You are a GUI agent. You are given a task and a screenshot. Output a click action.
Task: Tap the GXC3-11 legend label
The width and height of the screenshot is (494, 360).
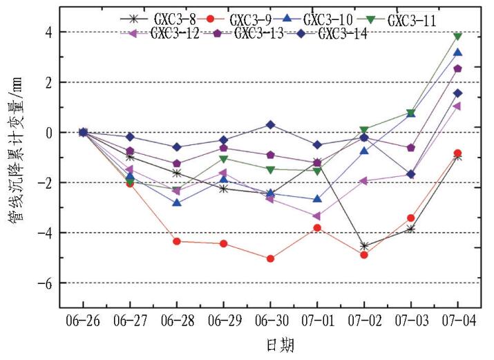click(411, 20)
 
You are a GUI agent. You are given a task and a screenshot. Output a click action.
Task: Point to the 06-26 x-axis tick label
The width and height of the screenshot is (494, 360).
click(83, 322)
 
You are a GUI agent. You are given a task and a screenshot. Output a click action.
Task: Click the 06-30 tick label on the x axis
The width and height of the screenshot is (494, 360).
click(270, 322)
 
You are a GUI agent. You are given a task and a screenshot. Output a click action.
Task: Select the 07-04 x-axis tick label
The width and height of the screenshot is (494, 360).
click(457, 322)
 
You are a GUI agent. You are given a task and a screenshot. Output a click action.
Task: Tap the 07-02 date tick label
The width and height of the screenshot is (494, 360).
click(364, 322)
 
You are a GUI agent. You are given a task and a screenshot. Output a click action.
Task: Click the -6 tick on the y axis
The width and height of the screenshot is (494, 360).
click(47, 283)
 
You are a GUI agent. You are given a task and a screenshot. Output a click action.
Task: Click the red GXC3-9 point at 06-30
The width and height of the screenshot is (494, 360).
click(270, 258)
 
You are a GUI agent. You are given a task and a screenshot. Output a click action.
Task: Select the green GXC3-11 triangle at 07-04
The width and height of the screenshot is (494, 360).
click(457, 37)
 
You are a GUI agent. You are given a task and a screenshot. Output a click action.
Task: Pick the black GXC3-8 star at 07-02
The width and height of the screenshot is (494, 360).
click(364, 246)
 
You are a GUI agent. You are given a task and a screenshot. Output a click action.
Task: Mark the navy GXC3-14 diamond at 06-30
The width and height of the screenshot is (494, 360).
click(270, 125)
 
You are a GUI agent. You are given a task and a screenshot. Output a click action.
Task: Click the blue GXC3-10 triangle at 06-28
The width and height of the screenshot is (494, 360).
click(177, 202)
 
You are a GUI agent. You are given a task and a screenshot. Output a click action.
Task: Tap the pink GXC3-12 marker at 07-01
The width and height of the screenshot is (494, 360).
click(317, 216)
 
